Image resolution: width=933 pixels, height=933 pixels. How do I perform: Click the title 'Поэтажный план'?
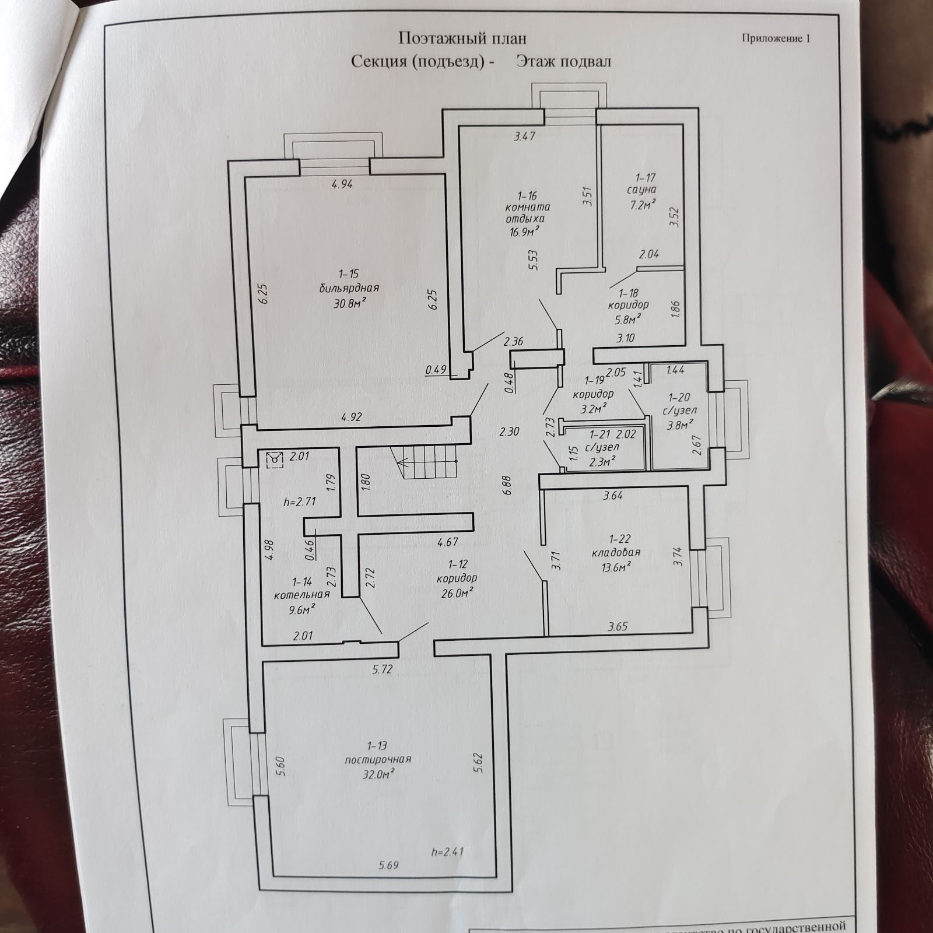tap(462, 38)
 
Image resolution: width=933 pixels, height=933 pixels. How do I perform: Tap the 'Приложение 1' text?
tap(776, 38)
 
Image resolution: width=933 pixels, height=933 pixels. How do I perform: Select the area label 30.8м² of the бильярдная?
tap(349, 302)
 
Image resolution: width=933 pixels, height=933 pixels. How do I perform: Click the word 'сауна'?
tap(641, 190)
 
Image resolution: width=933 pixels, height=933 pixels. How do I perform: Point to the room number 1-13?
tap(377, 746)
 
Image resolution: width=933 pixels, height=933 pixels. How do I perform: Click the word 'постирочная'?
tap(378, 759)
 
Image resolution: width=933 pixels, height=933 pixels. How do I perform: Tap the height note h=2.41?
tap(448, 851)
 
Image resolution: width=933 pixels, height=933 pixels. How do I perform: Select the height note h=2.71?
tap(300, 500)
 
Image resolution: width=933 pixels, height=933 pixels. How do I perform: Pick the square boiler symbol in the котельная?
tap(274, 460)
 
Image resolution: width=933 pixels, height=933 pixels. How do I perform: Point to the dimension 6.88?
tap(506, 485)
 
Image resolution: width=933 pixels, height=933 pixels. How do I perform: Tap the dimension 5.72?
tap(383, 669)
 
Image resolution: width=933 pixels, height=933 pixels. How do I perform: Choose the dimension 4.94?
tap(342, 184)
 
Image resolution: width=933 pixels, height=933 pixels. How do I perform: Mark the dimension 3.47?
tap(524, 136)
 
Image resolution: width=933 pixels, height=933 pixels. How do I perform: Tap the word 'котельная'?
tap(302, 594)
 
